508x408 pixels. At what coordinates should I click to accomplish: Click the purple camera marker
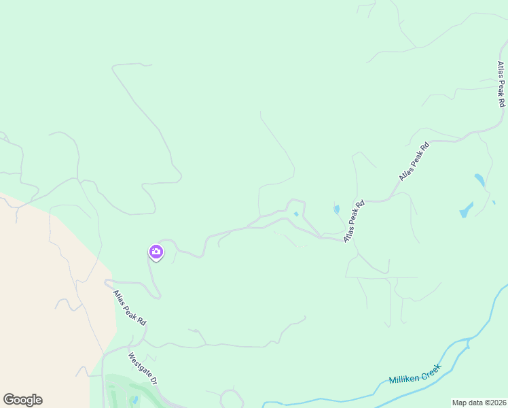click(156, 252)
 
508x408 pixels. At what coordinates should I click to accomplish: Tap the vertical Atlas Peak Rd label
click(501, 84)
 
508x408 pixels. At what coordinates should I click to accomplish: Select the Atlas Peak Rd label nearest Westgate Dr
click(130, 307)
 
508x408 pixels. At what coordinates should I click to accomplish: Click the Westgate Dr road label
click(143, 369)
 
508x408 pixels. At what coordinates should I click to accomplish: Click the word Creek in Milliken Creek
click(431, 369)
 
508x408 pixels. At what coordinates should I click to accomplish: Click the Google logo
click(22, 400)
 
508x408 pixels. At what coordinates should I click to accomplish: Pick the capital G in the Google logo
click(9, 399)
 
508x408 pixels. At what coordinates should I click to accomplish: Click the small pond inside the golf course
click(134, 400)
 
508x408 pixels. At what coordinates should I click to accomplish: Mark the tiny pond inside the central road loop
click(295, 214)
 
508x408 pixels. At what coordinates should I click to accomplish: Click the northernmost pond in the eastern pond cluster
click(479, 180)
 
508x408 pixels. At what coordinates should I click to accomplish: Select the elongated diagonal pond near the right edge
click(466, 209)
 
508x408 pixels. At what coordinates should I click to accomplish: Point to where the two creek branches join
click(469, 338)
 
